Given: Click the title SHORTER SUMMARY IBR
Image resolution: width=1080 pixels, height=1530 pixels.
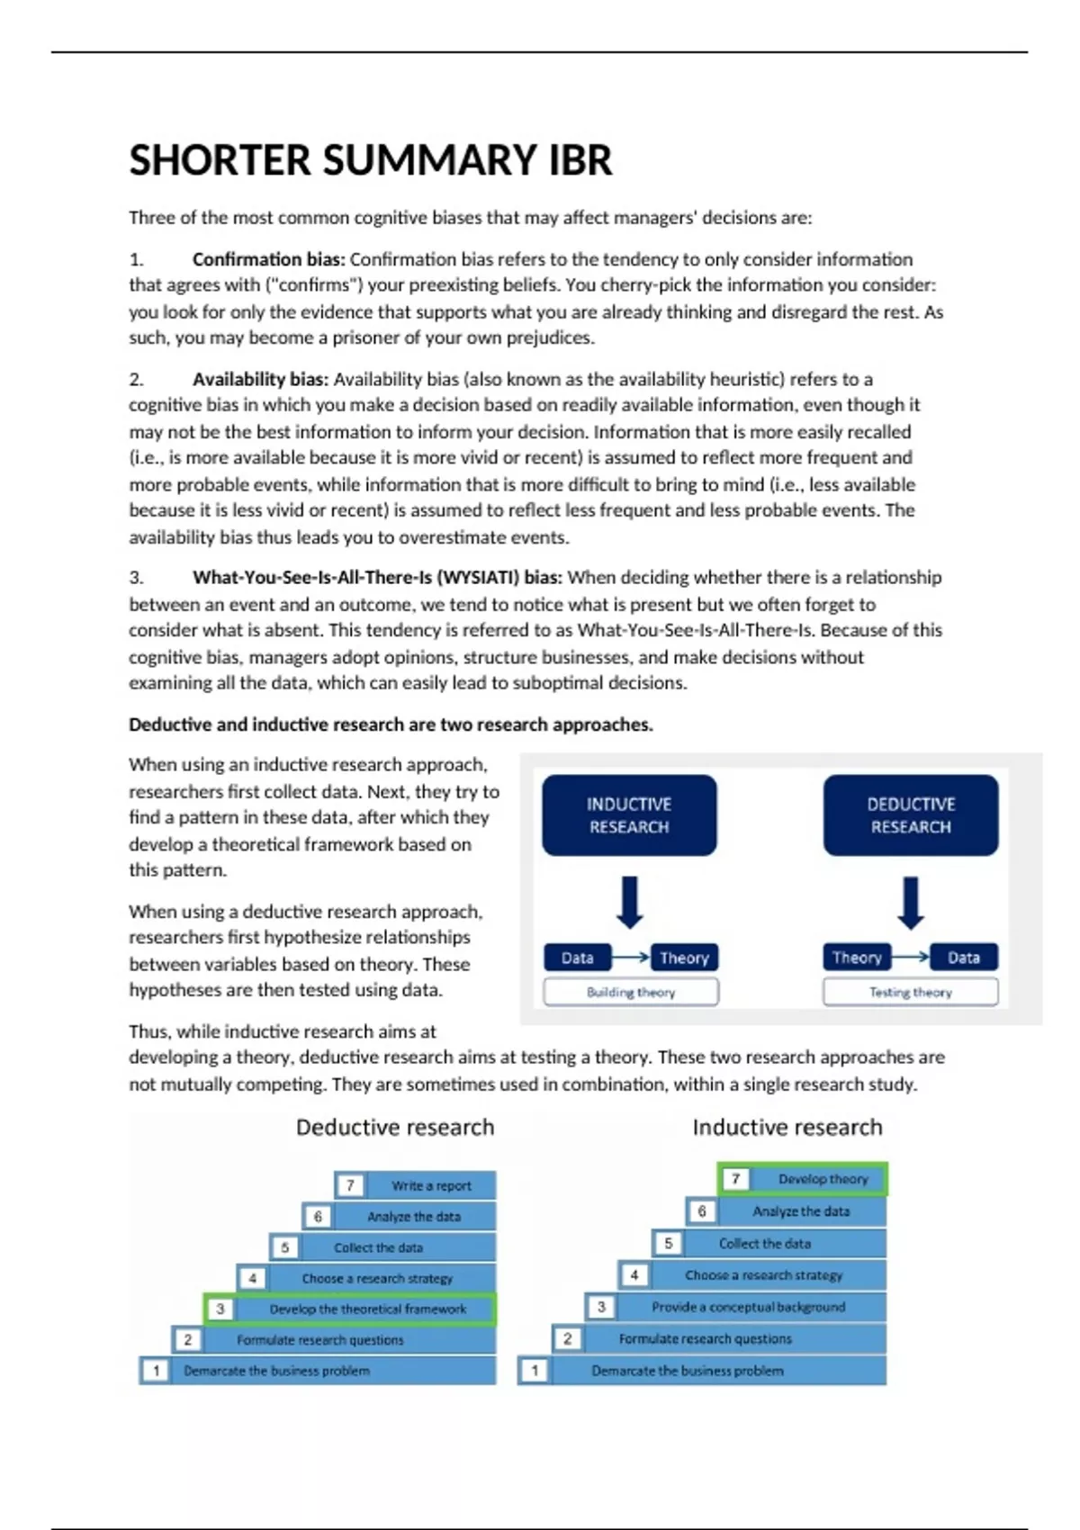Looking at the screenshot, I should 370,161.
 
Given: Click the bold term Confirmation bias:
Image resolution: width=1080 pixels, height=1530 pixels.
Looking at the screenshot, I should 268,260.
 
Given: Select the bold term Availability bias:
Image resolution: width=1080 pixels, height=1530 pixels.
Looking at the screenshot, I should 260,380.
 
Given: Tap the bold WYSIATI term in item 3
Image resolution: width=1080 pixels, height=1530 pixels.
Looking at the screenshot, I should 377,578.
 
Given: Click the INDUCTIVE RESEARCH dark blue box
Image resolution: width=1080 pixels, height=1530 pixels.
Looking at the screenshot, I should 629,815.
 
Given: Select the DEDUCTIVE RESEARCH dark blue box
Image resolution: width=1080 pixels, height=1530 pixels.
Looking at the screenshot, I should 910,815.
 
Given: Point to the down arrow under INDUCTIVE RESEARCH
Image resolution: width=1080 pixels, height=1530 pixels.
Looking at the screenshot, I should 630,903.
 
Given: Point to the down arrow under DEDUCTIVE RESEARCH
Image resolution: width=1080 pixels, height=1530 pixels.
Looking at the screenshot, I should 911,903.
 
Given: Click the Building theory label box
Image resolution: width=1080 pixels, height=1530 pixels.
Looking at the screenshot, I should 630,992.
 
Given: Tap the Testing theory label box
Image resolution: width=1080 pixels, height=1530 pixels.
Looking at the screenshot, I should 910,992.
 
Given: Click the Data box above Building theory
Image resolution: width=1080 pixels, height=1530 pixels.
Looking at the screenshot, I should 578,958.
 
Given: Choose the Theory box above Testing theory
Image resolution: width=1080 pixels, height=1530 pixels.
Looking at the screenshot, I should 857,958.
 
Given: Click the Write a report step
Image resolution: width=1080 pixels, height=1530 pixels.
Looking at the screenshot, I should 431,1185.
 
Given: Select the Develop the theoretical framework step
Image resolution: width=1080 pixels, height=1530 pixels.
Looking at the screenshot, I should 367,1309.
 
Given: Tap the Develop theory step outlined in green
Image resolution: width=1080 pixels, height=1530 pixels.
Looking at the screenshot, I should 823,1179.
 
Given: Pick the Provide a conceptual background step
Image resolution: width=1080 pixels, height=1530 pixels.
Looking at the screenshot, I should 748,1307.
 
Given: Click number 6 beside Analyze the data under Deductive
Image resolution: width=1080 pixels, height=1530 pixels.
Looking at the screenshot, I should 318,1217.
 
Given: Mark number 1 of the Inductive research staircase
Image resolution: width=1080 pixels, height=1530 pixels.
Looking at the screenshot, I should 535,1371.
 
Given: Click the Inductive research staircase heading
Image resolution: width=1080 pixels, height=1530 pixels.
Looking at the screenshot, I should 787,1128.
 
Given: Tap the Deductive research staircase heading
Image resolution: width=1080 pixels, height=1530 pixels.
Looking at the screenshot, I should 395,1128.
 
